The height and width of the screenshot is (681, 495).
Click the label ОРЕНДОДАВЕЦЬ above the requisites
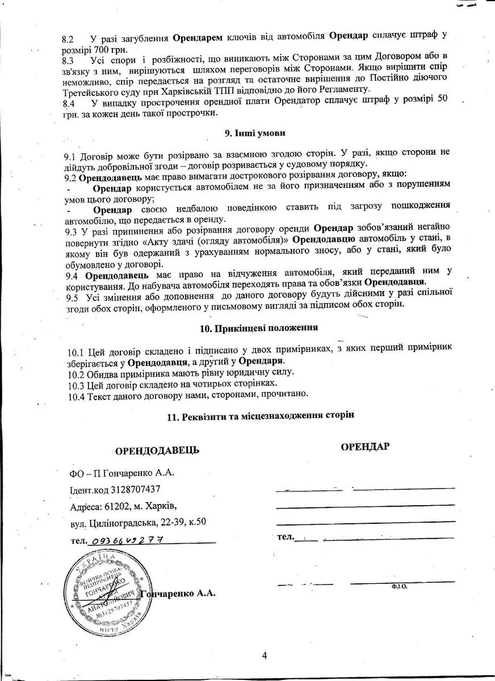coord(157,451)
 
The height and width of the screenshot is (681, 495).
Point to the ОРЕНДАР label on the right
coord(365,446)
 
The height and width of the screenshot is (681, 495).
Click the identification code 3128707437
coord(136,489)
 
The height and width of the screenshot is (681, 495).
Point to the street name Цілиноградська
coord(120,522)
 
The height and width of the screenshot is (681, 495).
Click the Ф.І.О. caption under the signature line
coord(399,586)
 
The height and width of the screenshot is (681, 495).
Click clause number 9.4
coord(73,276)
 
